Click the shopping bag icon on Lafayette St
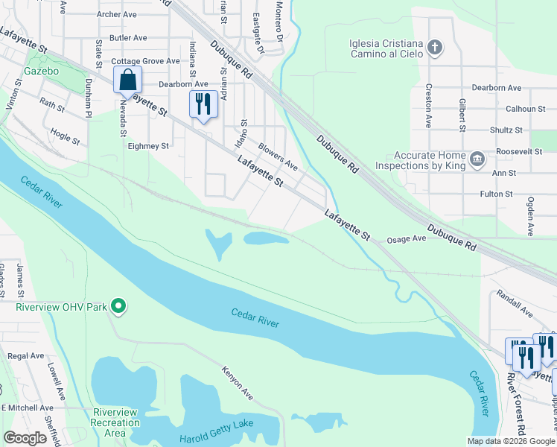(x=127, y=79)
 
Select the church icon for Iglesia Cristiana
(x=436, y=48)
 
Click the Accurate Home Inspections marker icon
(x=477, y=158)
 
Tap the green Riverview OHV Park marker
(x=117, y=305)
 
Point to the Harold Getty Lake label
(x=217, y=425)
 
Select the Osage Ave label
(x=406, y=239)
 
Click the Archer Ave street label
(x=117, y=14)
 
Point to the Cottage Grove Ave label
(x=145, y=61)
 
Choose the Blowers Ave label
(x=278, y=157)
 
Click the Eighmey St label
(x=148, y=147)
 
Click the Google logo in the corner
(x=25, y=437)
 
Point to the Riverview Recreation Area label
(x=115, y=422)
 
